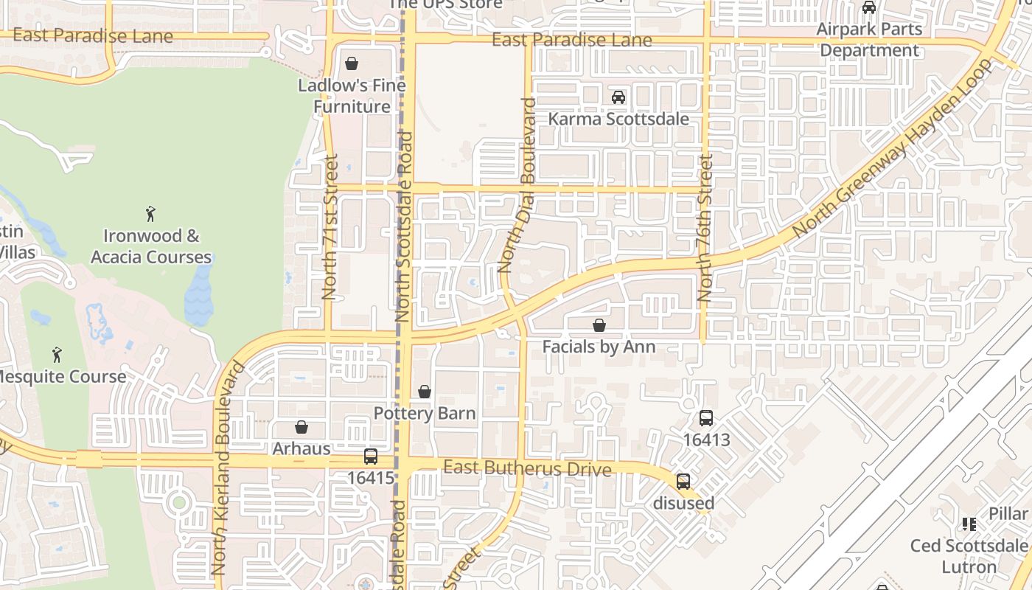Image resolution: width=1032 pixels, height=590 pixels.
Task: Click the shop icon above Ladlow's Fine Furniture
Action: tap(352, 63)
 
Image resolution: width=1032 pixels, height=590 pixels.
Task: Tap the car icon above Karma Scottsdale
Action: tap(618, 97)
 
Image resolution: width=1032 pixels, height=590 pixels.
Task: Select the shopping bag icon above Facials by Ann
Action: tap(599, 325)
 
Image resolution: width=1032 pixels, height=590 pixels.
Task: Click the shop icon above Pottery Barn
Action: tap(425, 392)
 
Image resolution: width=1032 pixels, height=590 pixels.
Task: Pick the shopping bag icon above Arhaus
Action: tap(301, 427)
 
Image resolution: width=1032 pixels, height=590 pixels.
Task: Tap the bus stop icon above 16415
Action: tap(371, 457)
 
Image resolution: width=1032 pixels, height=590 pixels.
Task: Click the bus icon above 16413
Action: tap(705, 418)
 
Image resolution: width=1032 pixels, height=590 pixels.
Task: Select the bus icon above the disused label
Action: tap(683, 482)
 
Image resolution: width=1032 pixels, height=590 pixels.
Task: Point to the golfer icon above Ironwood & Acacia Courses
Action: tap(151, 215)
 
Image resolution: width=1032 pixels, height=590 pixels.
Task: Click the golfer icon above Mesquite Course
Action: tap(57, 355)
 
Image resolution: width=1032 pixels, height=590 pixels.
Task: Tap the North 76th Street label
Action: tap(705, 227)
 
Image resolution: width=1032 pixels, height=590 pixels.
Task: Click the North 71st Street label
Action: tap(330, 226)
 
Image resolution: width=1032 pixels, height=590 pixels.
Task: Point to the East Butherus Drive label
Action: tap(527, 468)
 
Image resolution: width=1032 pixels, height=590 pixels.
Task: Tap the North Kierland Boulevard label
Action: tap(227, 468)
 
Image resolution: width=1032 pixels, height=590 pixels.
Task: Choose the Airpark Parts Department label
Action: tap(869, 40)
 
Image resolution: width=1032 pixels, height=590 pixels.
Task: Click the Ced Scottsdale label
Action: tap(969, 546)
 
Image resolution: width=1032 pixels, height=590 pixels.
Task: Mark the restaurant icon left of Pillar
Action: tap(969, 524)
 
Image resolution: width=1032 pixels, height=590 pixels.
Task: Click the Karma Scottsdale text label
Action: tap(618, 119)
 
